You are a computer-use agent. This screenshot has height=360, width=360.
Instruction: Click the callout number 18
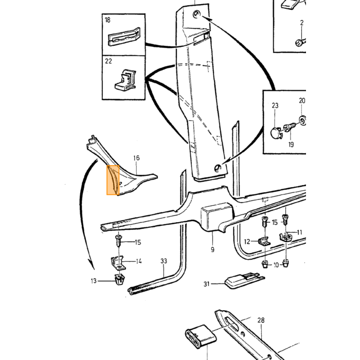[x=107, y=20]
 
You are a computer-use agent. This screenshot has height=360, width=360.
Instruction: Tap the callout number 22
[x=109, y=61]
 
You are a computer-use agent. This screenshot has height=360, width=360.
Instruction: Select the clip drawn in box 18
[x=124, y=37]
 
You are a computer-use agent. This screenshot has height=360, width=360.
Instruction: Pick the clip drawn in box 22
[x=125, y=80]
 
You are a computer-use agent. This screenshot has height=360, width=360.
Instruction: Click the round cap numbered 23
[x=275, y=133]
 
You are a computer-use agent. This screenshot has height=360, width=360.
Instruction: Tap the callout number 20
[x=302, y=101]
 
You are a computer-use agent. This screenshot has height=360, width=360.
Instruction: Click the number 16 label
[x=136, y=158]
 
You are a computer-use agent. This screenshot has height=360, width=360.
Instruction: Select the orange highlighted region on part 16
[x=113, y=180]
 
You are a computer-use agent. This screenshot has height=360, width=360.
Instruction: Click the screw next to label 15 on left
[x=119, y=240]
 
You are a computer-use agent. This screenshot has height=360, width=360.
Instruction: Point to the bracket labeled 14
[x=118, y=263]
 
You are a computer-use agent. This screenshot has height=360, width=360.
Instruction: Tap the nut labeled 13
[x=119, y=279]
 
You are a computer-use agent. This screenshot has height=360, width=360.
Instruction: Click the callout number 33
[x=164, y=261]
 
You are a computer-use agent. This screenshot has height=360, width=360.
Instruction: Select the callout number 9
[x=212, y=249]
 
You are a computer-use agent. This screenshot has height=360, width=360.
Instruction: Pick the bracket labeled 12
[x=264, y=242]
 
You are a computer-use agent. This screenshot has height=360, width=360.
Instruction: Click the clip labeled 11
[x=285, y=237]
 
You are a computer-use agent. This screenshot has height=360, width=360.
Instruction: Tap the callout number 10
[x=276, y=265]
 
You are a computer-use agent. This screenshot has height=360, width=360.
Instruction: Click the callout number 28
[x=261, y=320]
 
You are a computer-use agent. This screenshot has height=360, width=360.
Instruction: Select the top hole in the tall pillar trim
[x=197, y=14]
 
